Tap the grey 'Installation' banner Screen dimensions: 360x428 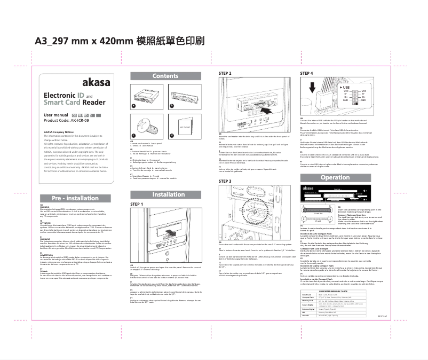[169, 194]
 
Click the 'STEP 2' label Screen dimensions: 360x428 [225, 73]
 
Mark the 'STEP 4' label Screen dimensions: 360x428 [307, 73]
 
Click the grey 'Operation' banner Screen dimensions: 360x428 [335, 177]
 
